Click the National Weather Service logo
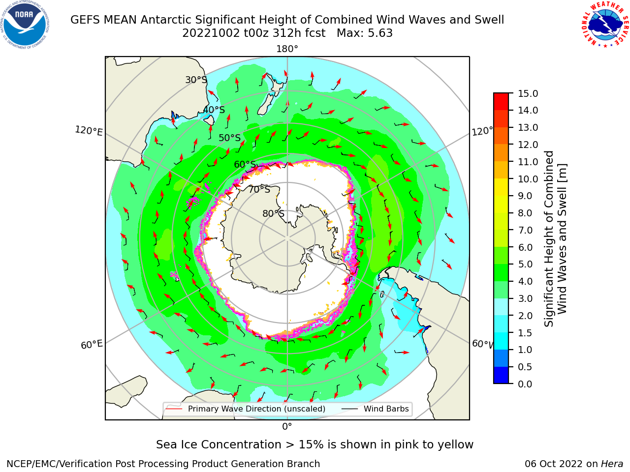605,25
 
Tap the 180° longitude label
287,49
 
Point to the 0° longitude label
287,427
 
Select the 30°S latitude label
196,80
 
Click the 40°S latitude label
214,110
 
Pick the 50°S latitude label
230,138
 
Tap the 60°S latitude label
245,164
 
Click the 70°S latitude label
259,189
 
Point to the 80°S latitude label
273,213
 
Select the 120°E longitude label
89,131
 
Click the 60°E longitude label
92,344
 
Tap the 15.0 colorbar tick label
528,93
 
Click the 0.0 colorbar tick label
525,384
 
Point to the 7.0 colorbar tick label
525,230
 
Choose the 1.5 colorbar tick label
525,333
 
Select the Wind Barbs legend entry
375,409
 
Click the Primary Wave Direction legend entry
246,409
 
